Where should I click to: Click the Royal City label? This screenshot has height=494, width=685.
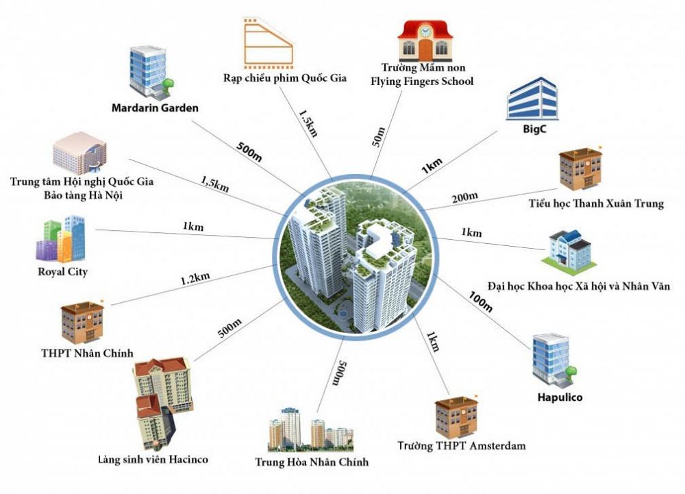click(62, 272)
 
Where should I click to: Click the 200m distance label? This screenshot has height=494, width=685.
click(465, 199)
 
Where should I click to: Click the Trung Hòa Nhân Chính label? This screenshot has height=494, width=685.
click(312, 462)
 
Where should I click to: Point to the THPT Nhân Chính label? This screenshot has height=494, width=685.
click(87, 354)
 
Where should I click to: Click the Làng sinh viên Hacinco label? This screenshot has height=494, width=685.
click(152, 458)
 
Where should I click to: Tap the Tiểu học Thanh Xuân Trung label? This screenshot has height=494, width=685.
click(596, 203)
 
